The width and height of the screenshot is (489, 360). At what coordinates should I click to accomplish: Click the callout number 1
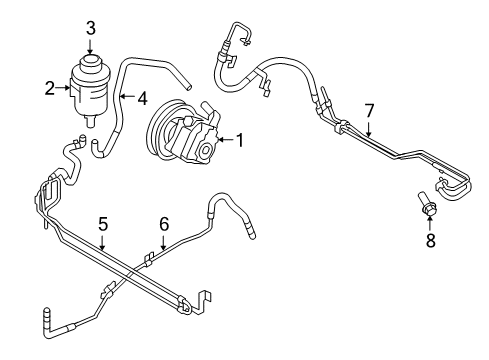(239, 141)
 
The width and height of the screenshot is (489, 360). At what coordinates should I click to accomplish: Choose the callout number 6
(165, 225)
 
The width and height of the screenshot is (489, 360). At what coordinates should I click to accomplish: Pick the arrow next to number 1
(223, 141)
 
